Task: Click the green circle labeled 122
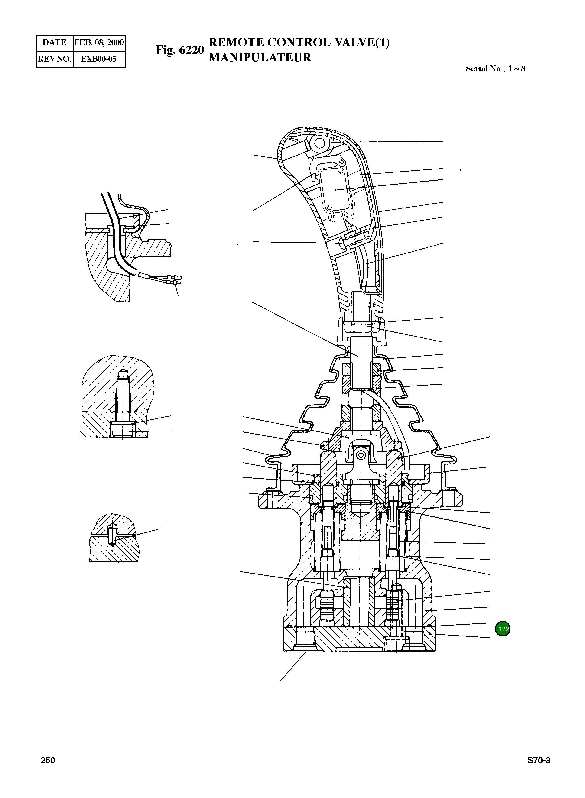(503, 629)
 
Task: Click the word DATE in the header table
(54, 42)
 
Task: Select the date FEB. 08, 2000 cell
(99, 42)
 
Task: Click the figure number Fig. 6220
(180, 50)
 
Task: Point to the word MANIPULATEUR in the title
(260, 57)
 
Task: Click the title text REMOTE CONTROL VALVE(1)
(299, 42)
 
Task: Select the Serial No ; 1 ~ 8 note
(495, 69)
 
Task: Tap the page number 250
(48, 760)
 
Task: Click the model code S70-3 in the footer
(539, 760)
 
